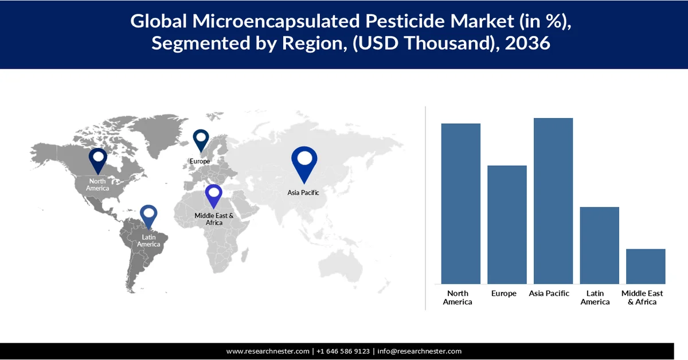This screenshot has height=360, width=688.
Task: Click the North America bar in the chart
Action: coord(460,204)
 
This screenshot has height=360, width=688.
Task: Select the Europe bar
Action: coord(507,224)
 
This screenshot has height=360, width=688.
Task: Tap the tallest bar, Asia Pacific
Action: coord(553,201)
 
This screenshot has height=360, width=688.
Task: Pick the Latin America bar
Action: coord(599,245)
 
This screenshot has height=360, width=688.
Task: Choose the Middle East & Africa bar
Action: coord(646,266)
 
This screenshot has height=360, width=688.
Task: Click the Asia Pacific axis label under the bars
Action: coord(549,294)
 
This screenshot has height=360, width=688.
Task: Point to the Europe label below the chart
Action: coord(504,294)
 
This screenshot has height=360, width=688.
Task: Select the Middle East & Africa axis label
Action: coord(642,298)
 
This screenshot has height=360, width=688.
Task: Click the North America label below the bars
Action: coord(458,298)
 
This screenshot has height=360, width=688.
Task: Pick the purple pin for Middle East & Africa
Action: coord(214,196)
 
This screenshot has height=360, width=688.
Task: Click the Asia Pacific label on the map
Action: coord(303,193)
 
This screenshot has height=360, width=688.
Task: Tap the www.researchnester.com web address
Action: coord(268,351)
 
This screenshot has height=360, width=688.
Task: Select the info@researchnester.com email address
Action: coord(419,351)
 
